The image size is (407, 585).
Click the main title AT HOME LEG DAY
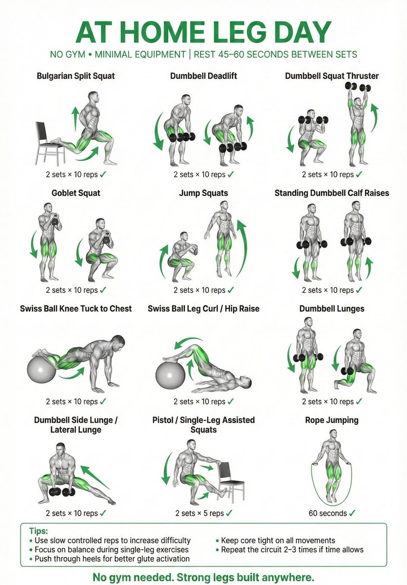(203, 32)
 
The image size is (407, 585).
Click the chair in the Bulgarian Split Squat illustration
(48, 141)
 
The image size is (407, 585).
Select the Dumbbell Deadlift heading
(203, 76)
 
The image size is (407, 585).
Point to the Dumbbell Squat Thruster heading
(331, 76)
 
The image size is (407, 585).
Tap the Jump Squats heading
(203, 193)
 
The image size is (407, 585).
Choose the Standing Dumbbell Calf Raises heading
(331, 193)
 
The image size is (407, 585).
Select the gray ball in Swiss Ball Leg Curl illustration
(171, 373)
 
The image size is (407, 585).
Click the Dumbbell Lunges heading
(331, 309)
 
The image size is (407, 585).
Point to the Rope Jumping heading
(331, 420)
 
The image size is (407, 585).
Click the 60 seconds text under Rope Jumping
(327, 513)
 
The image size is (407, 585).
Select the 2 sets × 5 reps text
(199, 513)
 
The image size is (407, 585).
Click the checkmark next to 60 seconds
(352, 513)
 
